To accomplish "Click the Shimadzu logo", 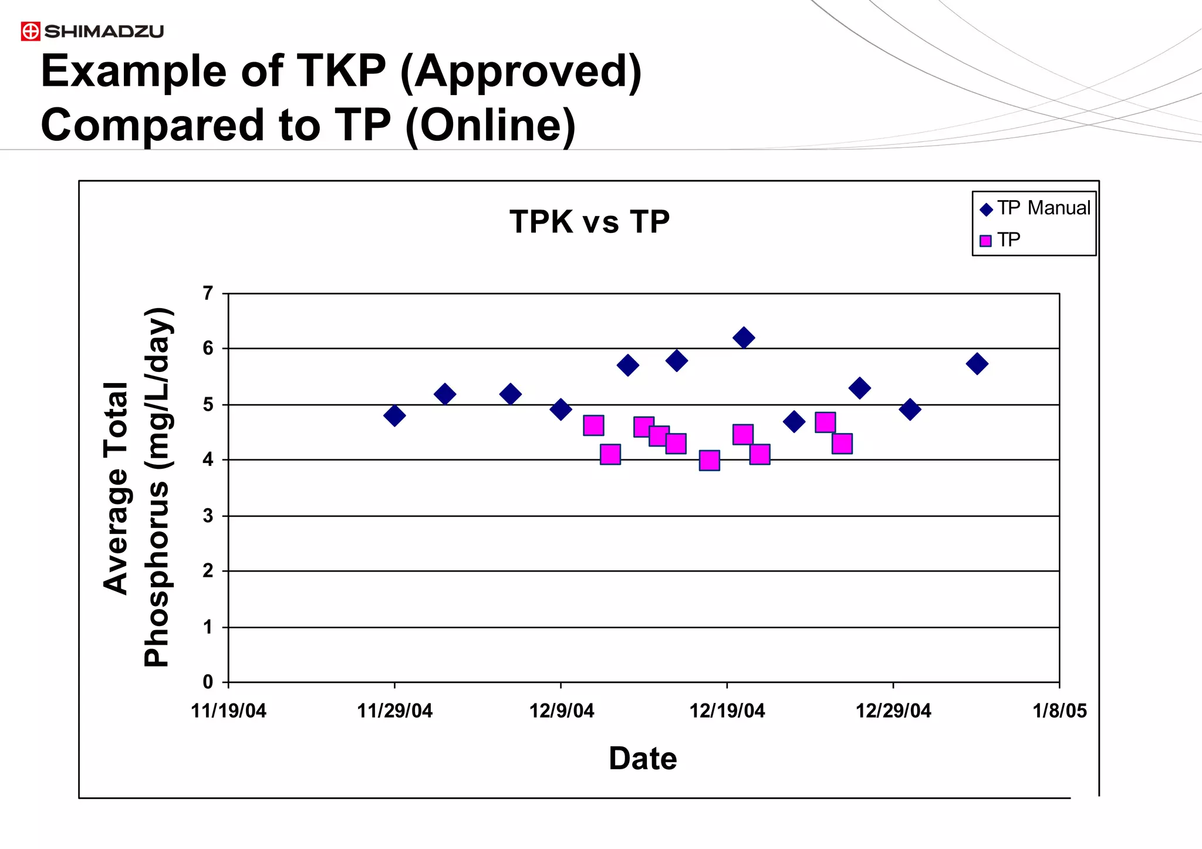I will point(92,31).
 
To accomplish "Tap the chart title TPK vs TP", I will point(589,222).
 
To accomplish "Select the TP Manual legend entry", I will point(1036,208).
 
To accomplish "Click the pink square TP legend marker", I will point(986,241).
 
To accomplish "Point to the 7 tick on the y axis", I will point(208,293).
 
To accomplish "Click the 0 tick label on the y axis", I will point(208,682).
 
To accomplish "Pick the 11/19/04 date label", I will point(228,711).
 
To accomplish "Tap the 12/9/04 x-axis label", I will point(561,711).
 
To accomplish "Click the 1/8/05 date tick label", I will point(1059,711).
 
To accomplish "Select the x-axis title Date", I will point(643,759).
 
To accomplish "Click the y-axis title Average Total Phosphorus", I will point(137,487).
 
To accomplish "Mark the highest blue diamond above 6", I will point(744,338).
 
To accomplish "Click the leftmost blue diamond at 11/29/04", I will point(394,415).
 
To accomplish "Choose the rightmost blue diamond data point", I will point(977,364).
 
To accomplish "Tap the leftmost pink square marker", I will point(593,425).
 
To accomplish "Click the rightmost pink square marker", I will point(842,444).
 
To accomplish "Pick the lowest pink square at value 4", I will point(710,461).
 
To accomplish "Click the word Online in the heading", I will point(490,126).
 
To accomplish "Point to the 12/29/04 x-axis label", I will point(893,711).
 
